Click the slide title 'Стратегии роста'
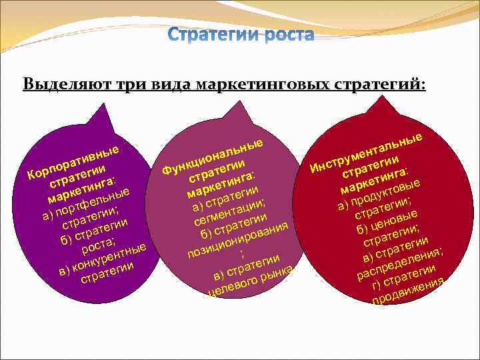240,33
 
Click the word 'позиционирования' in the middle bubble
237,239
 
